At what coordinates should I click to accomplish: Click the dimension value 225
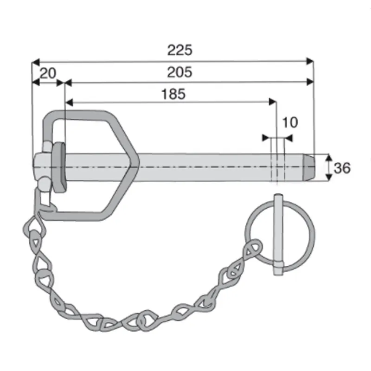(x=180, y=50)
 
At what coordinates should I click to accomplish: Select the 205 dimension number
(x=179, y=72)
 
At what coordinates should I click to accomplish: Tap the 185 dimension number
(x=173, y=94)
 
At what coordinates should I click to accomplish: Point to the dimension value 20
(x=48, y=73)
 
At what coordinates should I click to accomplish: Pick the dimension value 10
(x=290, y=122)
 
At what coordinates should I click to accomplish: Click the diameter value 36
(x=342, y=168)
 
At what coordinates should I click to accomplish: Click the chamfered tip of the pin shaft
(x=309, y=167)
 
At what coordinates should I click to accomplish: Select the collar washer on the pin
(x=59, y=167)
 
